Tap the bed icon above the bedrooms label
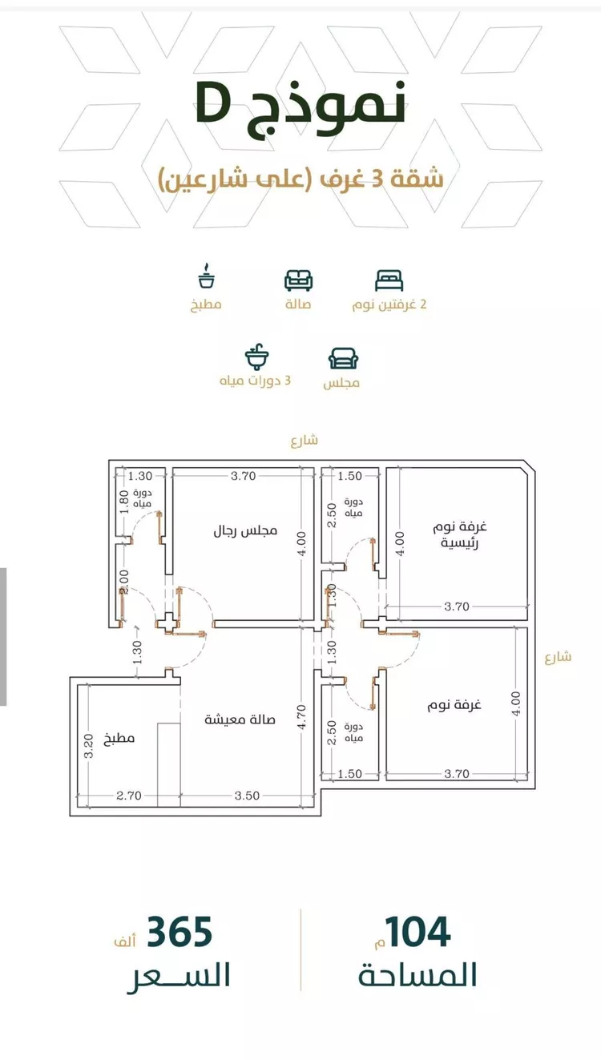point(389,280)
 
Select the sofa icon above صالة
point(298,280)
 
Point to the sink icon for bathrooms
point(256,357)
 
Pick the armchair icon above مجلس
point(343,358)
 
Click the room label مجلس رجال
point(244,530)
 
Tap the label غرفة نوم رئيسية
point(461,534)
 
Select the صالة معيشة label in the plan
point(240,719)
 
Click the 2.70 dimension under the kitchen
point(129,796)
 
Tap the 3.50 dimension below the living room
point(247,796)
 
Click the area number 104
point(417,933)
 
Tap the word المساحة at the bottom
point(417,975)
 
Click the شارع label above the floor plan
point(305,439)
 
